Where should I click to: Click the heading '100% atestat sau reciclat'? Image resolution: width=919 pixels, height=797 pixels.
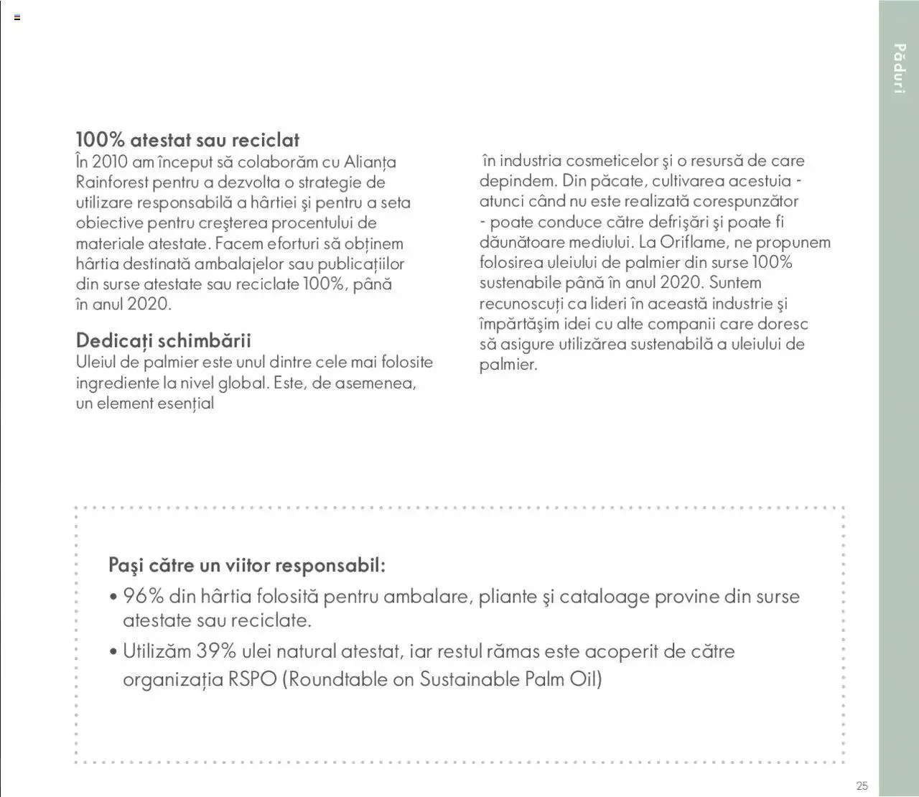(187, 140)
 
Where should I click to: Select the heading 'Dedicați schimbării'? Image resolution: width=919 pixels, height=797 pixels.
(163, 340)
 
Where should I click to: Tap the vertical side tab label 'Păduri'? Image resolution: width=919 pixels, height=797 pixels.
(899, 68)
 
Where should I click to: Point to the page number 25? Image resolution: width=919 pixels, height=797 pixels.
(862, 786)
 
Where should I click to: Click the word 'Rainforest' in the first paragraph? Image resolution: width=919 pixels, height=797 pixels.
(112, 182)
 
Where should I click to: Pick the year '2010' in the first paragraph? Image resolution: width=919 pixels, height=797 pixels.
(110, 162)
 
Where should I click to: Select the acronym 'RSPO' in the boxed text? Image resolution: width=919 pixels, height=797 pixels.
(253, 679)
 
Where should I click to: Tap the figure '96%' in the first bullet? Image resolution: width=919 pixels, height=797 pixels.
(144, 596)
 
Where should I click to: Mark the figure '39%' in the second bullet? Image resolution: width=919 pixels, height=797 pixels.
(216, 651)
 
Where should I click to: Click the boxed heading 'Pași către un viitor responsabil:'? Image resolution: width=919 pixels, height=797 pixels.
(247, 565)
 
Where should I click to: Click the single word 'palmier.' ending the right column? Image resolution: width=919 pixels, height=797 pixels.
(508, 365)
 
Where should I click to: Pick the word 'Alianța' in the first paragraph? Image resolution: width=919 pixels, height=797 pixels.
(370, 162)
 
